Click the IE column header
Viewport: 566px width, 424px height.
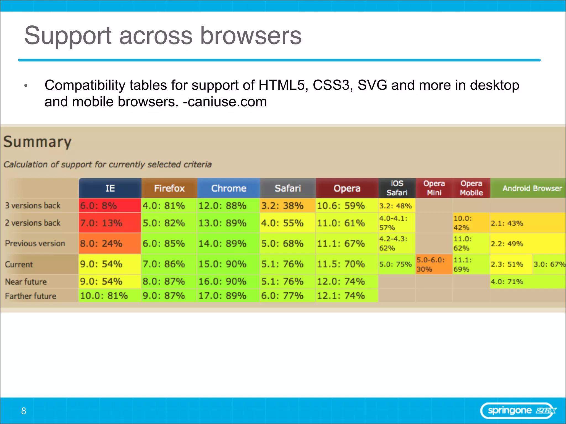(110, 188)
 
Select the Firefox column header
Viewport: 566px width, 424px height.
(169, 188)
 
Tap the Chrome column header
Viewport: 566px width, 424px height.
(229, 188)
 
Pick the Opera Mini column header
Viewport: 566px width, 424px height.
(434, 188)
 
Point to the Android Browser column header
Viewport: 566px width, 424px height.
(532, 188)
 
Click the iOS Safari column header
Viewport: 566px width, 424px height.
(397, 188)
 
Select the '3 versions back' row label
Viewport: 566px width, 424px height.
(33, 206)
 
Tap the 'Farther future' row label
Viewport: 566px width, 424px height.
(30, 296)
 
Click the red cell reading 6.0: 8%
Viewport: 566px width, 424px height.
(110, 206)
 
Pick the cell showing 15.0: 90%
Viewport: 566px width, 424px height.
(228, 264)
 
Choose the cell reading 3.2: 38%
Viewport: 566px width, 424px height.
(287, 206)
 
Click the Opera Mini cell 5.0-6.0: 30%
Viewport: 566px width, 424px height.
(434, 264)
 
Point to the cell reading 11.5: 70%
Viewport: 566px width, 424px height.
(347, 264)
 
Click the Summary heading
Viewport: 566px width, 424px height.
(37, 142)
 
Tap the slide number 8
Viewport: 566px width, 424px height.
(24, 411)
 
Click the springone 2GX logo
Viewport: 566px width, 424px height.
(519, 411)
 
